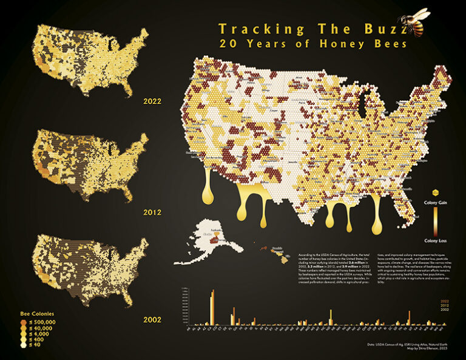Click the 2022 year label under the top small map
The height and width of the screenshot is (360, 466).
152,101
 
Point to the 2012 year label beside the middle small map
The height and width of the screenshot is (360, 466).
152,212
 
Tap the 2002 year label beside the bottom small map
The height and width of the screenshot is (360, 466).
152,318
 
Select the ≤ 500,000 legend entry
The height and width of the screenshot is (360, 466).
42,322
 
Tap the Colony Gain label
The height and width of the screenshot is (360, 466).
434,202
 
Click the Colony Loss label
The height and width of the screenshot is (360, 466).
434,240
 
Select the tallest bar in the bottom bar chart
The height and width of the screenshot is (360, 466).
213,310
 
